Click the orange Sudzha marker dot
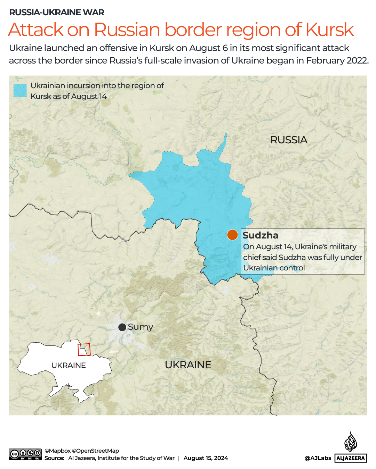232,235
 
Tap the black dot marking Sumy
122,327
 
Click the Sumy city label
140,327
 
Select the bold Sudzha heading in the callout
260,235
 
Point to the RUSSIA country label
289,140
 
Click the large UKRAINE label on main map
188,365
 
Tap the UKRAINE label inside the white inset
69,365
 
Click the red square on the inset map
84,350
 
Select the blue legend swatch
20,91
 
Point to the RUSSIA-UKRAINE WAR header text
57,12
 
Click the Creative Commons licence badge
25,454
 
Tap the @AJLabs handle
318,458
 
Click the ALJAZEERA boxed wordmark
351,458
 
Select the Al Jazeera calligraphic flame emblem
351,442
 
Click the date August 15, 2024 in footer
206,458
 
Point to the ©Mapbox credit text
58,451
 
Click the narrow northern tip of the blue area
225,139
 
